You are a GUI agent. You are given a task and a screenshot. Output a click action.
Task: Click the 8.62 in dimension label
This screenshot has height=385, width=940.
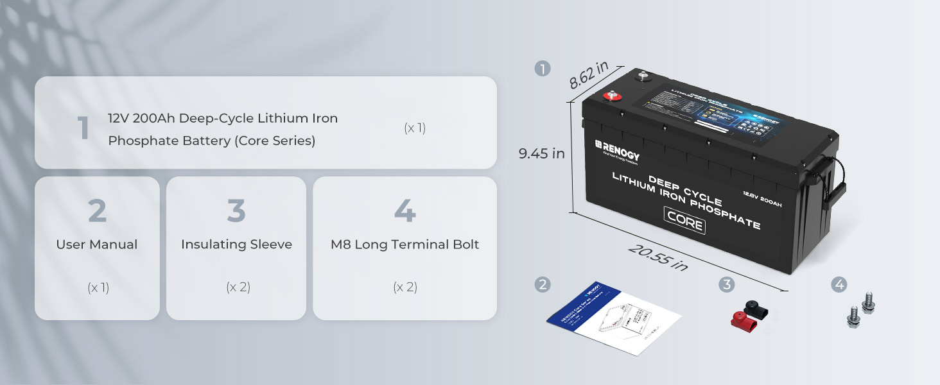(589, 78)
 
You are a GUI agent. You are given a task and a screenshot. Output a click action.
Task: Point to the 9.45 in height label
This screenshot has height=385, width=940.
(541, 153)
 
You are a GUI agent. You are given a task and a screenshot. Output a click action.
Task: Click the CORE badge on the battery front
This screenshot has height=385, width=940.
(684, 223)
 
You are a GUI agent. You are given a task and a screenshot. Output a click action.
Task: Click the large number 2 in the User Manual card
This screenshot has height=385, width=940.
(97, 211)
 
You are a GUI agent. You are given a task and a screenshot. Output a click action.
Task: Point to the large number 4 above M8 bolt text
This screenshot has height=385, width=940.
(405, 211)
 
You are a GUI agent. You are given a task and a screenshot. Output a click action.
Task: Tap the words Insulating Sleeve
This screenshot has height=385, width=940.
(236, 244)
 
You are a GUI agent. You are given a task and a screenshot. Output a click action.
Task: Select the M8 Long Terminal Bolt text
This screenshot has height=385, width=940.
(405, 244)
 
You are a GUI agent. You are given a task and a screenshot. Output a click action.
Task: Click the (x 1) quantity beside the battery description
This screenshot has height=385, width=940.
(415, 128)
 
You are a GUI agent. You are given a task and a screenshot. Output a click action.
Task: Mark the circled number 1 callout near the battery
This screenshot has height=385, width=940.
(543, 69)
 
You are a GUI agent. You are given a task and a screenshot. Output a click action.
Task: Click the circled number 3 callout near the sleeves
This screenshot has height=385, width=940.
(726, 284)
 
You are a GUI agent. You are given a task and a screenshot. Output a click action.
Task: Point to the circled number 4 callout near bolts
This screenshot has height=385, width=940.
(839, 284)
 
